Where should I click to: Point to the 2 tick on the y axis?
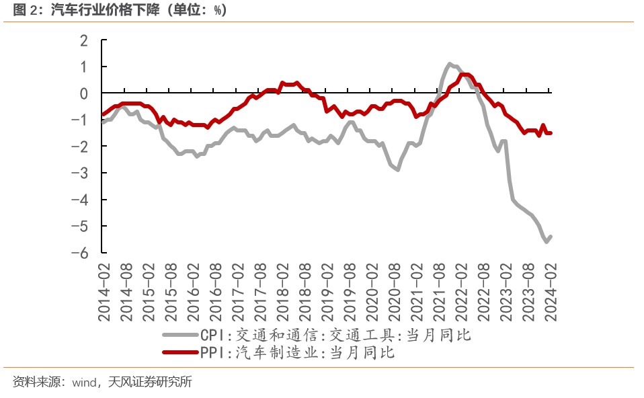coord(84,41)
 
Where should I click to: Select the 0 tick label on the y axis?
coord(84,94)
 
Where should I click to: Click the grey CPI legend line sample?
coord(180,334)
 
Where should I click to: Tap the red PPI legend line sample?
coord(180,352)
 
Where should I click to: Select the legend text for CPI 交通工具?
coord(335,334)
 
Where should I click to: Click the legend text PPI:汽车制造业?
coord(296,352)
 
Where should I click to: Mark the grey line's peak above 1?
coord(450,64)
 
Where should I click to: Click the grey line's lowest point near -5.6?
coord(546,241)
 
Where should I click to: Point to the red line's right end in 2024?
coord(551,133)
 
